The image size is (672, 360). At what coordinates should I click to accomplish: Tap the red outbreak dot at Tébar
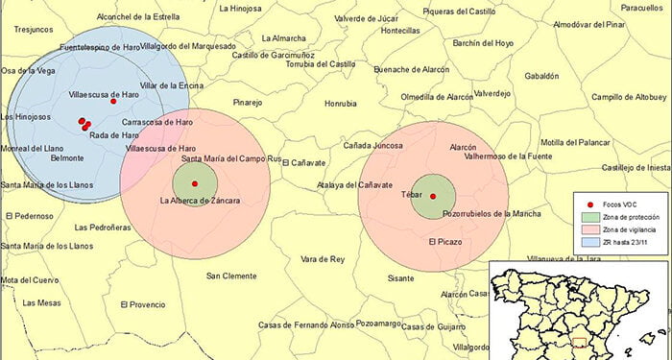[433, 197]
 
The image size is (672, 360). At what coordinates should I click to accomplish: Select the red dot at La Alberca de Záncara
[195, 183]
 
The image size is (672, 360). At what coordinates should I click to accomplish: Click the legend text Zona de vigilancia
[631, 229]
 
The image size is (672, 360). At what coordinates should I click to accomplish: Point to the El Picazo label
[444, 241]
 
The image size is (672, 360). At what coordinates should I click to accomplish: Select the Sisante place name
[400, 277]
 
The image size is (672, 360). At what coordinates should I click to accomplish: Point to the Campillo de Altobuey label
[628, 97]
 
